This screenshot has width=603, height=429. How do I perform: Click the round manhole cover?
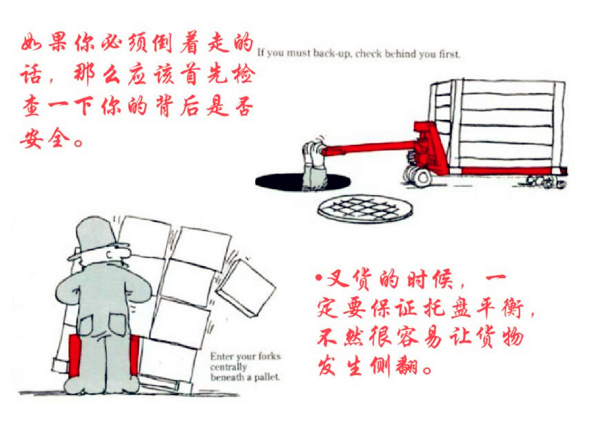tap(365, 208)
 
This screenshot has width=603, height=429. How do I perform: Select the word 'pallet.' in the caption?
tap(266, 377)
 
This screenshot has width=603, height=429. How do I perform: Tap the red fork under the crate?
tap(511, 170)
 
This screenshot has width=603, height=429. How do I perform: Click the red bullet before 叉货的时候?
tap(318, 279)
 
